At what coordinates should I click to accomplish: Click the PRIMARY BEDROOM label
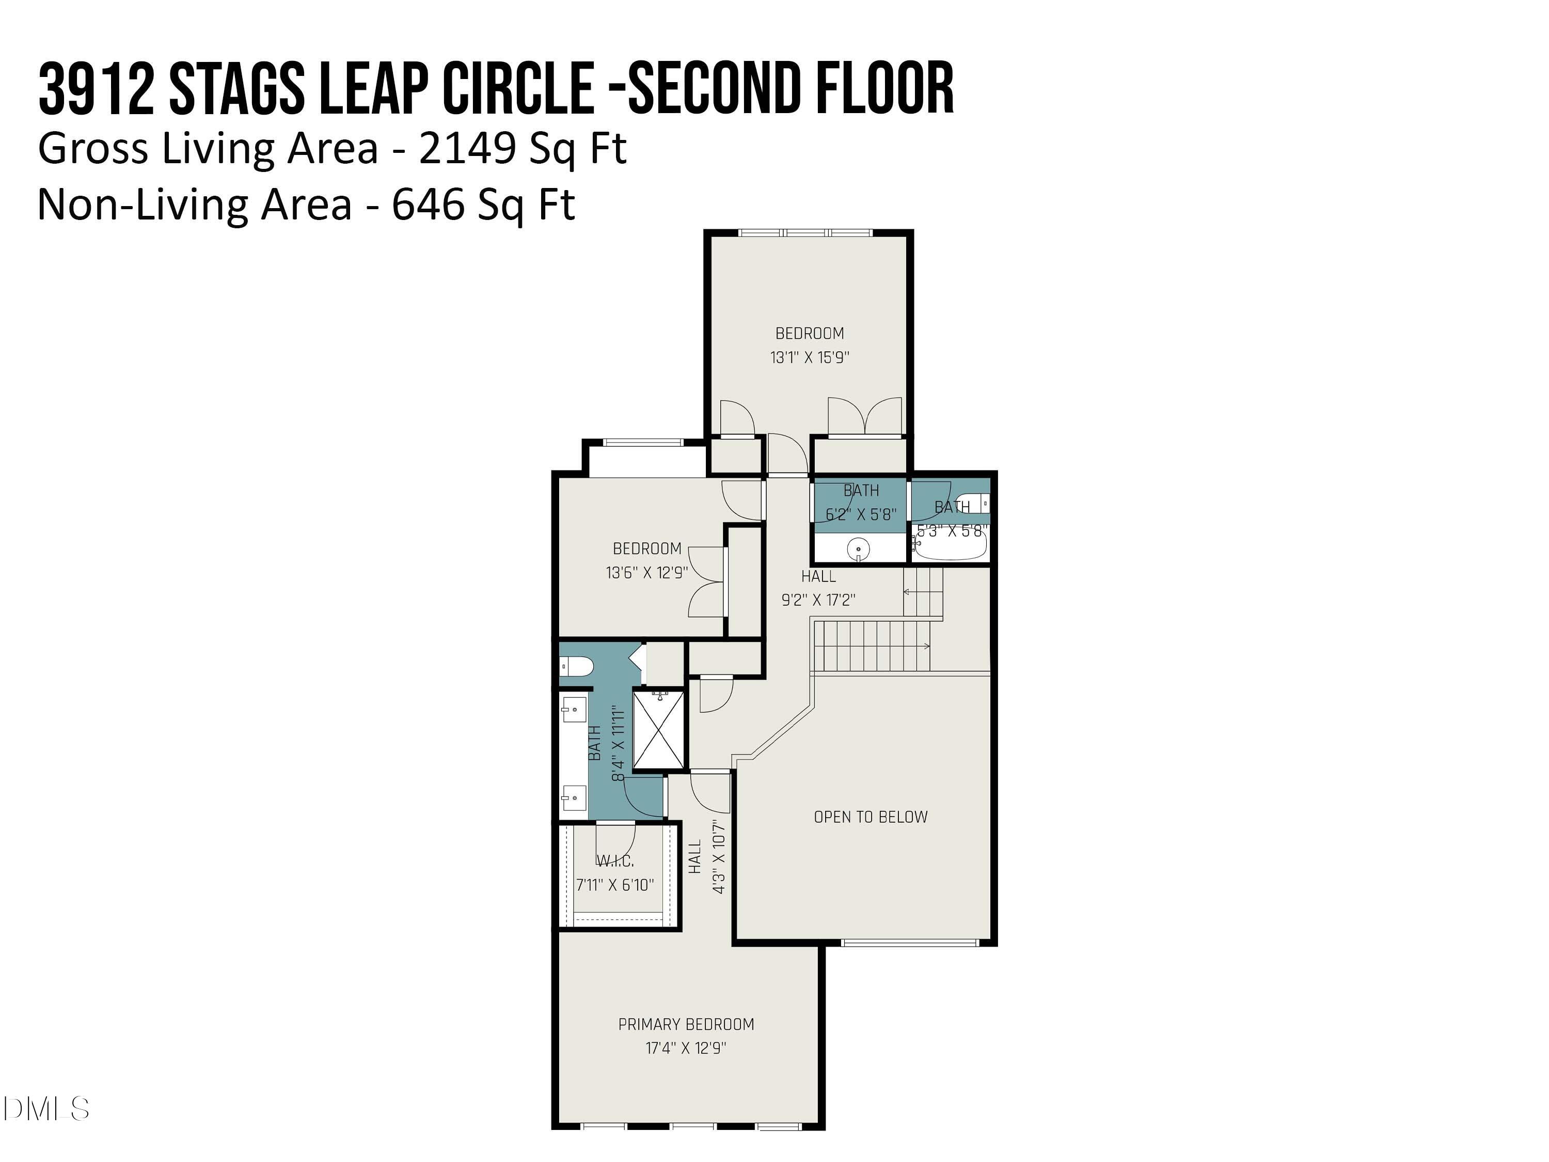point(686,1024)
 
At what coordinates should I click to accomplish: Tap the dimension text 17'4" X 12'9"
point(686,1048)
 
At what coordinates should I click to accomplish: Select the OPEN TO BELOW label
point(871,816)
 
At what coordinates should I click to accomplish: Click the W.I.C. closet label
point(615,861)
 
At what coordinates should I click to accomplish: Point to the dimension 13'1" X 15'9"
point(810,357)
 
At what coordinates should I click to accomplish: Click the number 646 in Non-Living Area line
point(427,205)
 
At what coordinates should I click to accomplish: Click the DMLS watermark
point(45,1109)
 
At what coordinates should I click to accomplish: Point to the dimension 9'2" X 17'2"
point(818,600)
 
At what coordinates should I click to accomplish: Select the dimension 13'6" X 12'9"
point(646,572)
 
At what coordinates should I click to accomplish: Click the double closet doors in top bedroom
point(865,417)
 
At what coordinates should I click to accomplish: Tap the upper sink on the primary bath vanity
point(574,710)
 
